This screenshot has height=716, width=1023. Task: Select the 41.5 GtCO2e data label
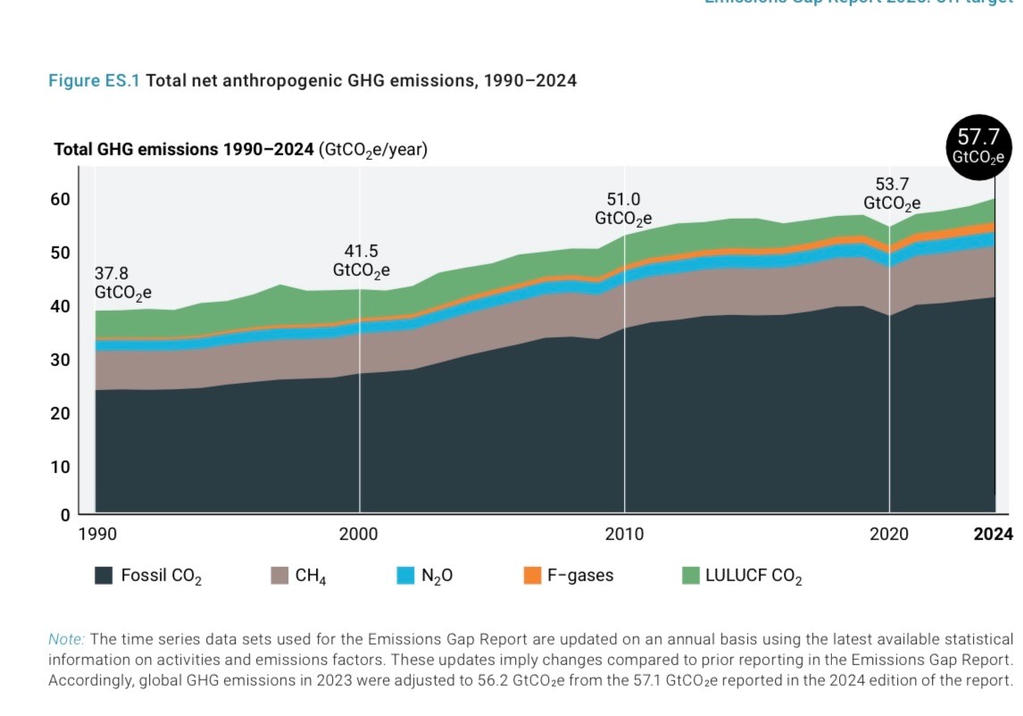point(362,260)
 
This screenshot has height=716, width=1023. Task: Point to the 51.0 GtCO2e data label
point(623,208)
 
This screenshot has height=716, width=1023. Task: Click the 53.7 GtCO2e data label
point(891,194)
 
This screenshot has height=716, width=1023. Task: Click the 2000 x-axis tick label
point(358,535)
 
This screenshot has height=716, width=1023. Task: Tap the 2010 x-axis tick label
point(624,535)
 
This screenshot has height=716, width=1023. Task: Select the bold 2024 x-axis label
point(993,535)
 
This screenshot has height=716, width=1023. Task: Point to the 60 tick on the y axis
point(60,199)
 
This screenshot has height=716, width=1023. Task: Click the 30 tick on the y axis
point(60,360)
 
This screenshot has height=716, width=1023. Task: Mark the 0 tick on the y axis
point(65,514)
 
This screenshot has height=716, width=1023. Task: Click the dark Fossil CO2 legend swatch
point(104,576)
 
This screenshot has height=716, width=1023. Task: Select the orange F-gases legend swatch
point(532,576)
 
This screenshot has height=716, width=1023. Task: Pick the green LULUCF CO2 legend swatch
point(690,576)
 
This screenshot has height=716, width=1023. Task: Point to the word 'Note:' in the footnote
point(66,639)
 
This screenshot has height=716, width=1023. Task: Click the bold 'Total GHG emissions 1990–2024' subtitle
point(184,150)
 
